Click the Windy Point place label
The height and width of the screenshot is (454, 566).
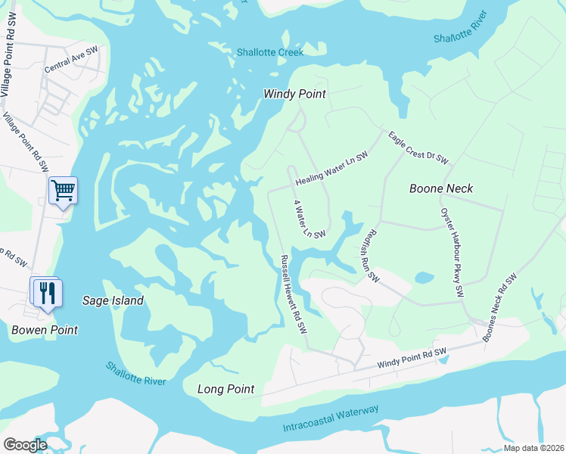coord(294,94)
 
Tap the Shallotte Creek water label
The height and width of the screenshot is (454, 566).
coord(269,52)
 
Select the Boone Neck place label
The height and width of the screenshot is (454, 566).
coord(441,188)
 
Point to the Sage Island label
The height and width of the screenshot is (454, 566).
coord(113,300)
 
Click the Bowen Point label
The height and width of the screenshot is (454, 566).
coord(45,330)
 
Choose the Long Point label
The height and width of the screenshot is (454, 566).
coord(225,389)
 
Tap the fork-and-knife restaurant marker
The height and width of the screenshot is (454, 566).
coord(47,293)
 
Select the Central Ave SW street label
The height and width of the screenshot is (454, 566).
coord(72,60)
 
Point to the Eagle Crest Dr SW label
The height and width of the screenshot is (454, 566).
coord(418,148)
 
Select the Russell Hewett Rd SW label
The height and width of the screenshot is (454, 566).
coord(293,294)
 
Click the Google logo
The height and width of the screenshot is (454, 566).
coord(26,445)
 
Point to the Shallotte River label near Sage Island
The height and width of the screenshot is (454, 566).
coord(135,373)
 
